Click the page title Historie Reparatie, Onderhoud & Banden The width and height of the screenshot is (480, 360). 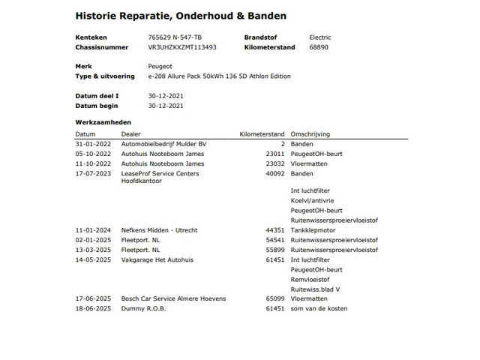tap(181, 15)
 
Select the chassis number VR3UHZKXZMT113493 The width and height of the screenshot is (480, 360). tap(183, 46)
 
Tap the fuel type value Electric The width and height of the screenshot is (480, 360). tap(319, 37)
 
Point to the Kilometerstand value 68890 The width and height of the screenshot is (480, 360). tap(319, 46)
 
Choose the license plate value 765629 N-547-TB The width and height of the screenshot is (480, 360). tap(175, 37)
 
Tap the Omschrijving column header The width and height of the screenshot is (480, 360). tap(310, 133)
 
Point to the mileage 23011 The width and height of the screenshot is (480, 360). tap(275, 154)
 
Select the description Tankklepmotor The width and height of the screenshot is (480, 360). tap(311, 229)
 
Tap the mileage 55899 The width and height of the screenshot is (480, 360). tap(275, 249)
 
